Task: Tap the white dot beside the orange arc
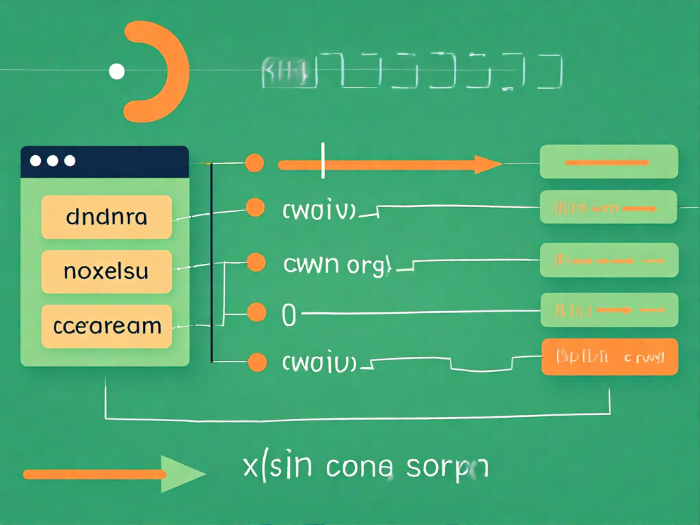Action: pyautogui.click(x=117, y=70)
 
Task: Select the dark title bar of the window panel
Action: pyautogui.click(x=105, y=162)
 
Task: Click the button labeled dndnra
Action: pyautogui.click(x=106, y=217)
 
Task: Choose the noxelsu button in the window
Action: pyautogui.click(x=106, y=271)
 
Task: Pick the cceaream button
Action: pyautogui.click(x=106, y=325)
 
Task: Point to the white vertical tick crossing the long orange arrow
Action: pyautogui.click(x=322, y=161)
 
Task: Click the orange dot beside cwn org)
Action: pyautogui.click(x=255, y=262)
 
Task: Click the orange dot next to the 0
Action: pyautogui.click(x=256, y=312)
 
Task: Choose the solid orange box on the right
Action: pyautogui.click(x=609, y=357)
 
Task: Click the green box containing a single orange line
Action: pyautogui.click(x=608, y=162)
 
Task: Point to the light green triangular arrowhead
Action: pyautogui.click(x=181, y=474)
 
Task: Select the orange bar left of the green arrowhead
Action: pyautogui.click(x=92, y=474)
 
